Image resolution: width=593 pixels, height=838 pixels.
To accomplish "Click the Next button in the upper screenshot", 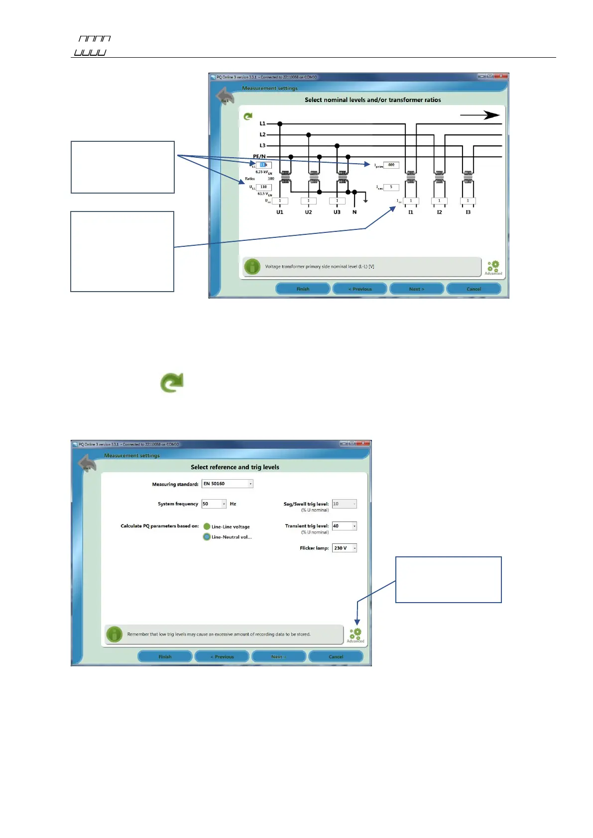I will coord(416,289).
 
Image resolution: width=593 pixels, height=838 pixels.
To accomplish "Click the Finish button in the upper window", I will coord(303,289).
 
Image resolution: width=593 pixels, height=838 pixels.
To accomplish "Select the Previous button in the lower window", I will coord(222,657).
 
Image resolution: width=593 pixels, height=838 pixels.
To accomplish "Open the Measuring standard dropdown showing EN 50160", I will coord(227,484).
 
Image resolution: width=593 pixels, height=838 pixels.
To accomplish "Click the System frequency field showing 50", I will coord(214,504).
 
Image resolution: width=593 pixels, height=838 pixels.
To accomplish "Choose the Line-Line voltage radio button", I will coord(207,526).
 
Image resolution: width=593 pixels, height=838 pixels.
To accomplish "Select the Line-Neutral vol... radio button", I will coord(207,537).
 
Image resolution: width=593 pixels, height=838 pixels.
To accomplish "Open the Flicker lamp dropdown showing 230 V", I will coord(345,548).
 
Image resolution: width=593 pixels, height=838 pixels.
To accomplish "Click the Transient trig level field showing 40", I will coord(344,526).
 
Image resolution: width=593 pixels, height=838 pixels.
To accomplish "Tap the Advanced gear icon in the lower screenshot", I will coord(355,634).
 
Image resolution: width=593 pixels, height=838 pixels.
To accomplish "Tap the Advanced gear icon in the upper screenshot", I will coord(493,267).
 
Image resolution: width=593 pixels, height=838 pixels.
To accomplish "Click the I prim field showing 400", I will coord(391,165).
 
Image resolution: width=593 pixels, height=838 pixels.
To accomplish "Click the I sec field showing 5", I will coord(391,187).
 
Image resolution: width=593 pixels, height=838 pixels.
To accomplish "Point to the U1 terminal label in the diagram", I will coord(280,212).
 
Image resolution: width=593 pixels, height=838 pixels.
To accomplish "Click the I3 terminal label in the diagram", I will coord(468,212).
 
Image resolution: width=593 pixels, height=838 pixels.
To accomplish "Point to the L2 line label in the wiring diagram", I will coord(262,134).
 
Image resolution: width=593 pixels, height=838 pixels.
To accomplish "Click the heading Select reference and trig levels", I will coord(235,467).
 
